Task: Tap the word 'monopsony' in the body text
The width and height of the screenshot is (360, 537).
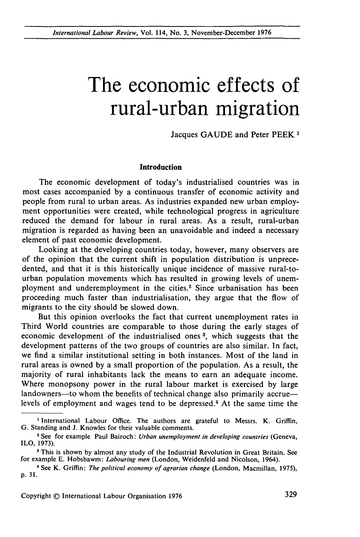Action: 69,384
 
